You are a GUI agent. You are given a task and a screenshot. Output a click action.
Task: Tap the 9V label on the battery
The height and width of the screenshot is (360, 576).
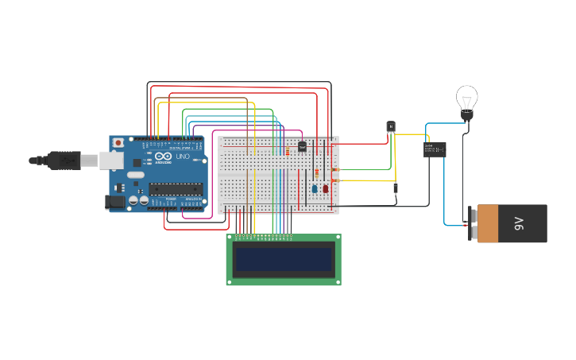point(519,224)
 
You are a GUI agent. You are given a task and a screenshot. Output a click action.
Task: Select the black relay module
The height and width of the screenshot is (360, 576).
point(434,149)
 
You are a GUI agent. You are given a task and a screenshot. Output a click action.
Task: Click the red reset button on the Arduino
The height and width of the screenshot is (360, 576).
point(118,142)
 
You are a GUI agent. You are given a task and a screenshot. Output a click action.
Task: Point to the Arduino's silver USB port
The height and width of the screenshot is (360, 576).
point(110,161)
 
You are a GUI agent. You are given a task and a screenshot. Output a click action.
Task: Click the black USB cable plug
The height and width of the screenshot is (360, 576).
point(64,161)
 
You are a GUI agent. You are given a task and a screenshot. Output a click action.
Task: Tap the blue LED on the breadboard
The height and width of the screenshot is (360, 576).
point(315,189)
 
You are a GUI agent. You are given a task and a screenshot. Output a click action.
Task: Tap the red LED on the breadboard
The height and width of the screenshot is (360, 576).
point(325,188)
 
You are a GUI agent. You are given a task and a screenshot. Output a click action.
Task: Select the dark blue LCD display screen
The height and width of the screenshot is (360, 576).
point(283,259)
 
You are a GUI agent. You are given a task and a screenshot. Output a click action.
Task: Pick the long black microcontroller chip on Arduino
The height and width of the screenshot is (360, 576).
point(176,188)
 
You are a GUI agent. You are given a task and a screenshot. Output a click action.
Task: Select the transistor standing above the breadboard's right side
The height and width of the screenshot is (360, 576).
point(390,126)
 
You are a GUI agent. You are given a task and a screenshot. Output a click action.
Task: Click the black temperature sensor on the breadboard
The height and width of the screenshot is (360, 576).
point(302,146)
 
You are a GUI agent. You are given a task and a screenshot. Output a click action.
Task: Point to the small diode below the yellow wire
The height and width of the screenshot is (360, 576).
point(395,188)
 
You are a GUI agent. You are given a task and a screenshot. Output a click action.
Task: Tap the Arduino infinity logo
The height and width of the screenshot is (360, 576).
point(163,157)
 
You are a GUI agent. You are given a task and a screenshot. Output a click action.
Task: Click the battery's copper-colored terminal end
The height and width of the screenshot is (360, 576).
point(488,224)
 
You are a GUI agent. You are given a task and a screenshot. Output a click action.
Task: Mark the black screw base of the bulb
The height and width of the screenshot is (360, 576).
point(466,116)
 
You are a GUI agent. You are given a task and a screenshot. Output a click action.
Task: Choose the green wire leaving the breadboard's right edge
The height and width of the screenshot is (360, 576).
point(365,169)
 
